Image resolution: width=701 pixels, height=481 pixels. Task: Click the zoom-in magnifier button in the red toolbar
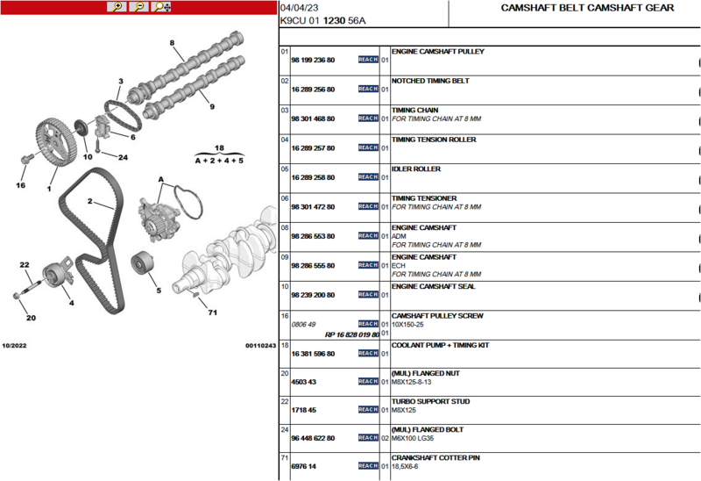tap(117, 7)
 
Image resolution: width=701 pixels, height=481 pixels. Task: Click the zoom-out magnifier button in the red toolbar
tap(139, 7)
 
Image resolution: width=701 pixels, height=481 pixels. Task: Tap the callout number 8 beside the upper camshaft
tap(172, 43)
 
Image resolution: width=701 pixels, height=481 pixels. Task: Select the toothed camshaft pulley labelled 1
tap(52, 142)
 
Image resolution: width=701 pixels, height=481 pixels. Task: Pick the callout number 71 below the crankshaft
tap(213, 312)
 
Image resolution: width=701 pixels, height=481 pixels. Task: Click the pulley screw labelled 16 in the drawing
tap(27, 159)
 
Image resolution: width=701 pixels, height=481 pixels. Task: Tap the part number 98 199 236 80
tap(313, 60)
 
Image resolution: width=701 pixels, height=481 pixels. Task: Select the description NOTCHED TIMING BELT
tap(430, 81)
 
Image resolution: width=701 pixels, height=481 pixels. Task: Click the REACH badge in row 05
tap(368, 177)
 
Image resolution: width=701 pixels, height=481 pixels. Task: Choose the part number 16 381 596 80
tap(313, 354)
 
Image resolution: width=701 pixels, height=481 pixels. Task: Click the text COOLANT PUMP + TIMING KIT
tap(441, 345)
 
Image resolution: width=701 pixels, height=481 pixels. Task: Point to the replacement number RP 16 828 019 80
tap(352, 334)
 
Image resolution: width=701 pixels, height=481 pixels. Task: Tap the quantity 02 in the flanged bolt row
tap(385, 438)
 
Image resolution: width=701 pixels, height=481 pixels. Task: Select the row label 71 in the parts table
tap(284, 457)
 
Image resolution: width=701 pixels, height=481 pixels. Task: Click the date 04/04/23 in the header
tap(299, 8)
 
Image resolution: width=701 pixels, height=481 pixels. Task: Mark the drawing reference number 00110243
tap(260, 345)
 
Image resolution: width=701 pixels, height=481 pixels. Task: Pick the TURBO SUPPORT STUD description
tap(430, 401)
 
